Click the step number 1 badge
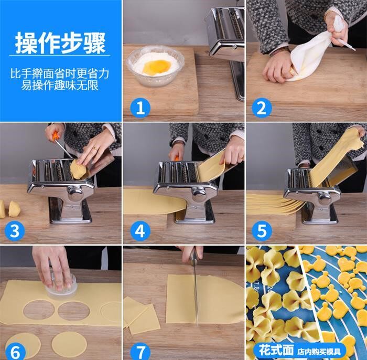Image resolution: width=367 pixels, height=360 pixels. (140, 108)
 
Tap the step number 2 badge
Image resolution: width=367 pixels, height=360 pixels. (262, 108)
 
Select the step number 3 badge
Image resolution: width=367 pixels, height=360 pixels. (15, 231)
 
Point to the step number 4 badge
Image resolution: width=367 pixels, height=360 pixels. (140, 231)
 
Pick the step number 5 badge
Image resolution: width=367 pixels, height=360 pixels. (262, 231)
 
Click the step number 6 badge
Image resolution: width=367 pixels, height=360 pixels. (15, 351)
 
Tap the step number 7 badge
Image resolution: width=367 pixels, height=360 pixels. (140, 351)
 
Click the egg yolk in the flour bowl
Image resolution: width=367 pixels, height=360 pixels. (156, 66)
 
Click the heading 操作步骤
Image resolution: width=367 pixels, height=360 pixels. (60, 44)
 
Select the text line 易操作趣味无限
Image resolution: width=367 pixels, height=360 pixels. (60, 85)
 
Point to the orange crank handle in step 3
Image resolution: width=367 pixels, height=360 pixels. (55, 136)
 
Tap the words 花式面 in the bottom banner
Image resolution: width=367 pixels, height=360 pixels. (276, 351)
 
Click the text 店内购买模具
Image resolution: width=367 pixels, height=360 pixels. (319, 352)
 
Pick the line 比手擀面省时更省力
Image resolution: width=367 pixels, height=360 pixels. (60, 73)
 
